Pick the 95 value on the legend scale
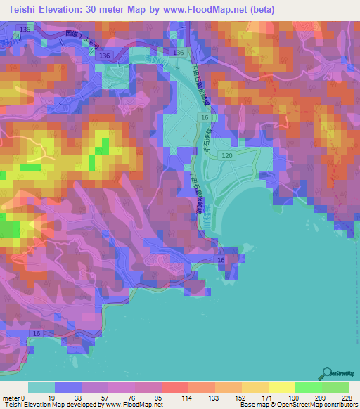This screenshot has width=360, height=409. tap(161, 398)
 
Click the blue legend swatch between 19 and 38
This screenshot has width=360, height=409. tap(68, 387)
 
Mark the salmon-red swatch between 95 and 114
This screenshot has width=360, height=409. tap(174, 387)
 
